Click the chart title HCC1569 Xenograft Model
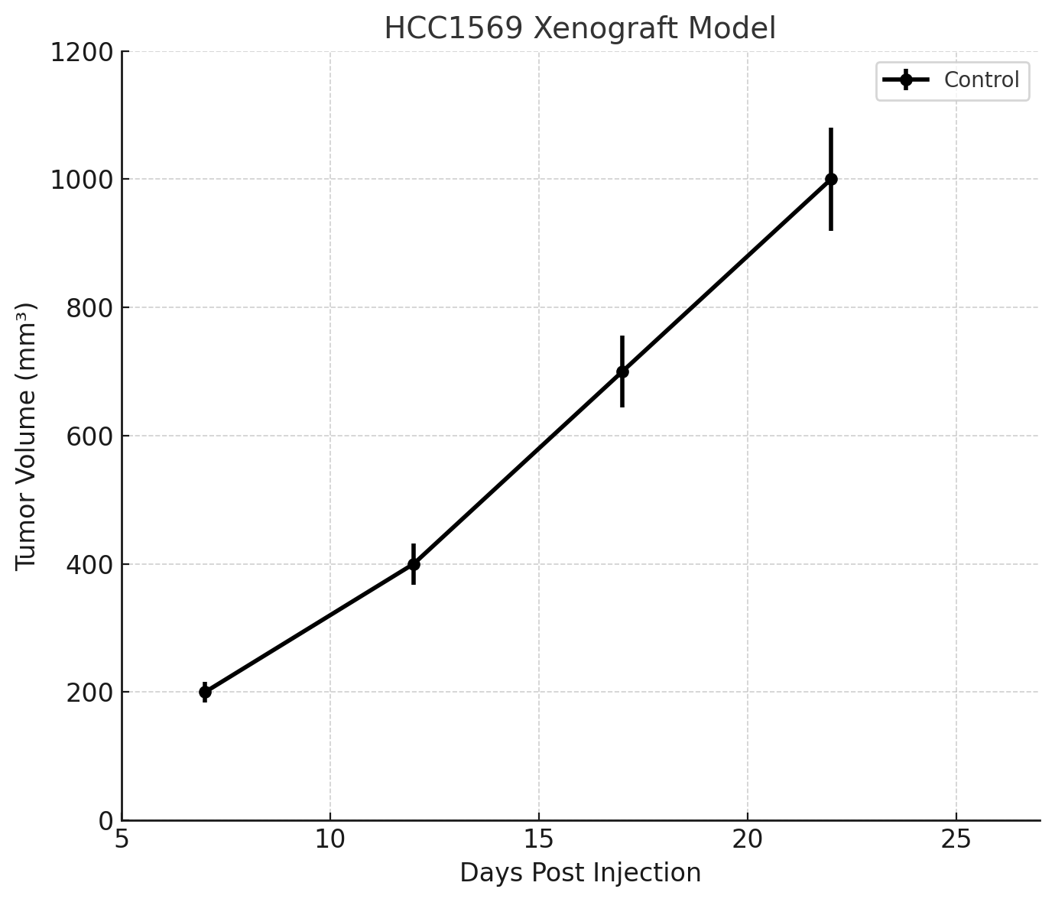pyautogui.click(x=579, y=29)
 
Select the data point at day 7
pyautogui.click(x=205, y=692)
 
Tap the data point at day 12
pyautogui.click(x=414, y=564)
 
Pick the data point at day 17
pyautogui.click(x=622, y=372)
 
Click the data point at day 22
pyautogui.click(x=831, y=180)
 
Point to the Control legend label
pyautogui.click(x=982, y=80)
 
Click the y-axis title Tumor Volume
pyautogui.click(x=26, y=436)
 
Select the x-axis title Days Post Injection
pyautogui.click(x=580, y=873)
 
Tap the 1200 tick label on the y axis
pyautogui.click(x=81, y=52)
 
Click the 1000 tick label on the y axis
pyautogui.click(x=81, y=180)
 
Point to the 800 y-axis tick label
pyautogui.click(x=88, y=308)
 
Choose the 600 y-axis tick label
pyautogui.click(x=88, y=436)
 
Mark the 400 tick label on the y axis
pyautogui.click(x=88, y=565)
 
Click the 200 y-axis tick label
pyautogui.click(x=88, y=693)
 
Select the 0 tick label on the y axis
pyautogui.click(x=105, y=821)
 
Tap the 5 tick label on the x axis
pyautogui.click(x=122, y=839)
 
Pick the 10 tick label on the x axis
pyautogui.click(x=330, y=839)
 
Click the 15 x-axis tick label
pyautogui.click(x=539, y=839)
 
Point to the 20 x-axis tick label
pyautogui.click(x=748, y=839)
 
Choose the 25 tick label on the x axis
pyautogui.click(x=956, y=839)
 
